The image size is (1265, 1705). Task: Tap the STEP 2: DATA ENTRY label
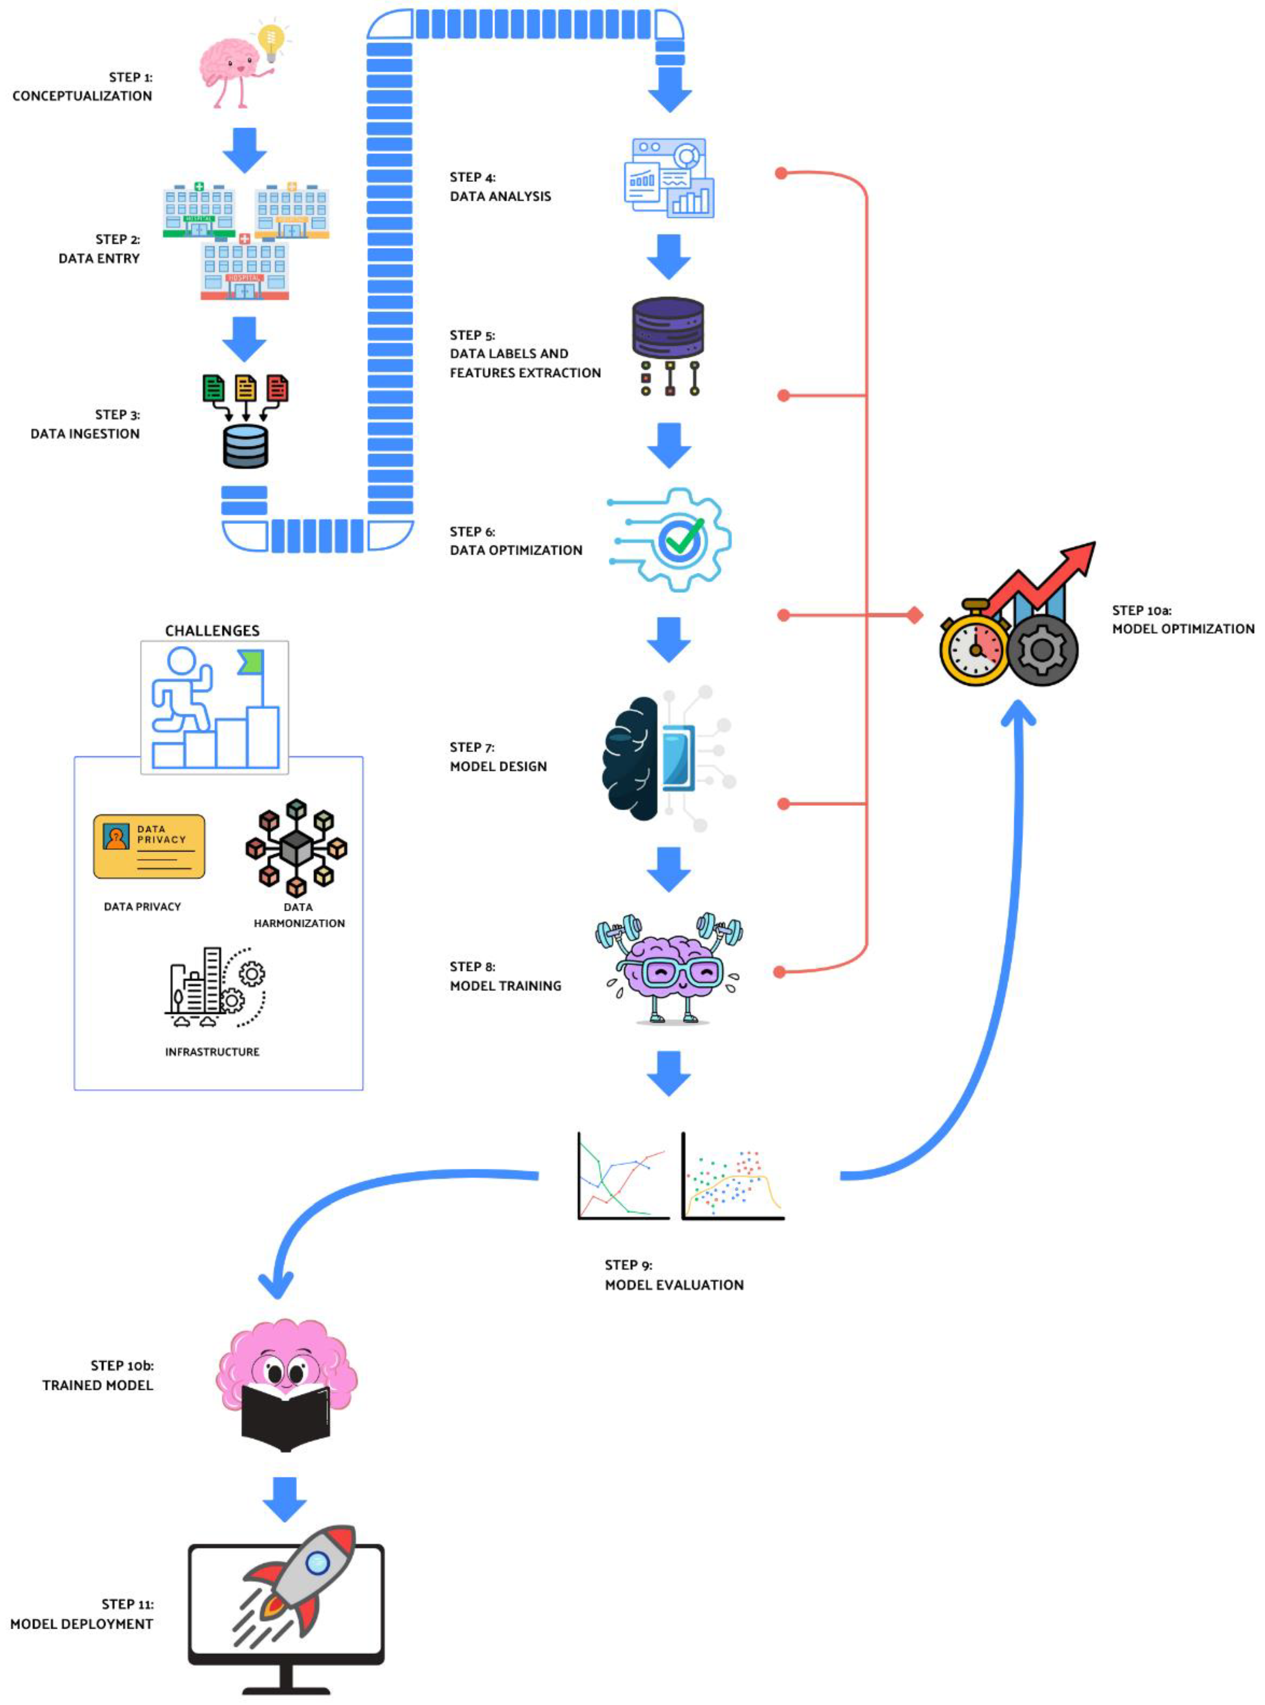(100, 249)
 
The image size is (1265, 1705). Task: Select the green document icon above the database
(214, 389)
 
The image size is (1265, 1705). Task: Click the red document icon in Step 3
(277, 389)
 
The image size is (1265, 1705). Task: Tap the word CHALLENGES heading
(212, 631)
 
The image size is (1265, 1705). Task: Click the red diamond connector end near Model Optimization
(914, 614)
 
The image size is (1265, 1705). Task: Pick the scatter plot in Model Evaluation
(733, 1176)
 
